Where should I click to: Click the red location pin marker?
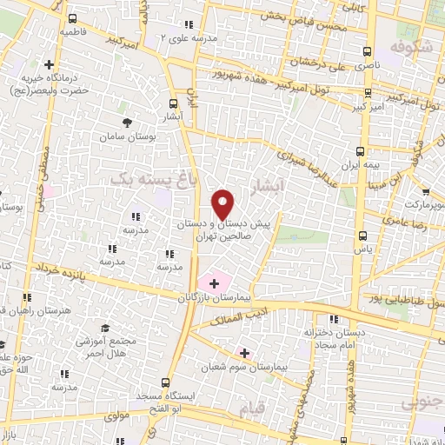[223, 205]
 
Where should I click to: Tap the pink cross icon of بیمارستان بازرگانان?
[214, 282]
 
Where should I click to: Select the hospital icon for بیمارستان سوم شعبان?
[243, 353]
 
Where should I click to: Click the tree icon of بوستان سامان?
[127, 122]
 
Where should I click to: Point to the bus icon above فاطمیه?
[72, 18]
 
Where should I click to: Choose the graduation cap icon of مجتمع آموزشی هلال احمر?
[104, 328]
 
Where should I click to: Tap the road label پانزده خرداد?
[60, 271]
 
